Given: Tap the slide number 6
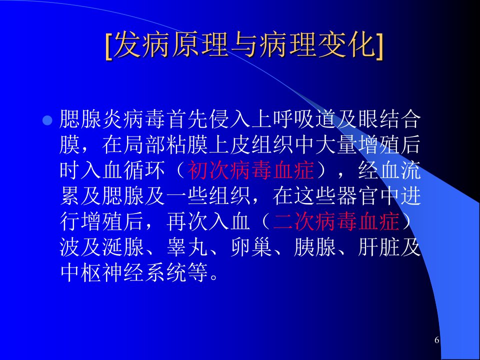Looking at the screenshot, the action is point(437,340).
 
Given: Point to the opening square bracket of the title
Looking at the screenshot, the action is point(108,46).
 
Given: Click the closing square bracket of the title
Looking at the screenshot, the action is point(379,46).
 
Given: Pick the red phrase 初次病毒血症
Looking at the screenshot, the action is point(250,170).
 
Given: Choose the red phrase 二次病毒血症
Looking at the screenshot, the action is point(336,221).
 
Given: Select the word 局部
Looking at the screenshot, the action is point(144,145).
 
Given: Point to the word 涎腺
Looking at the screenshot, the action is point(123,246).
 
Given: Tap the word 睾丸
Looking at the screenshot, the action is point(187,246).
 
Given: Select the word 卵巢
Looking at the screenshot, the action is point(251,246).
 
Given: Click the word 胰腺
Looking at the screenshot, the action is point(315,246).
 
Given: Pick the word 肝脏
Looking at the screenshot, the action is point(379,246).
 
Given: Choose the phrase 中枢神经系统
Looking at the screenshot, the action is point(123,272).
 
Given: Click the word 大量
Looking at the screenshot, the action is point(336,145).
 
